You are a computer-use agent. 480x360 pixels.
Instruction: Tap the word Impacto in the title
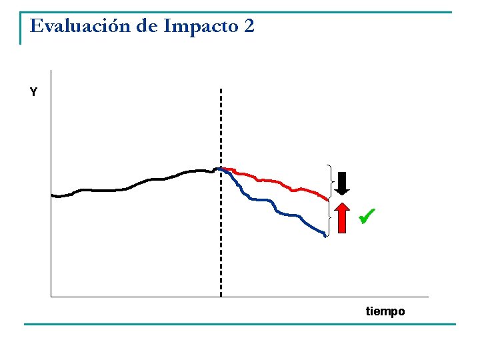coord(201,27)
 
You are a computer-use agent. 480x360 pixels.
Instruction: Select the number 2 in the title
coord(249,26)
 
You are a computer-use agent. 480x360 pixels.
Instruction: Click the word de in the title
coord(147,25)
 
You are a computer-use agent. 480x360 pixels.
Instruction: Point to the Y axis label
coord(34,91)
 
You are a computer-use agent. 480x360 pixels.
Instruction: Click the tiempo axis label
coord(385,311)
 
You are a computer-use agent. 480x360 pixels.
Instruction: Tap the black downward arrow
coord(342,183)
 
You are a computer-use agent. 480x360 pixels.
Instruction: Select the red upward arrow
coord(342,218)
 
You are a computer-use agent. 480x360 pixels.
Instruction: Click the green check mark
coord(367,216)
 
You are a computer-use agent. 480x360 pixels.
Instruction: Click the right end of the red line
coord(328,200)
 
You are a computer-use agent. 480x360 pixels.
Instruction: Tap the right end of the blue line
coord(325,236)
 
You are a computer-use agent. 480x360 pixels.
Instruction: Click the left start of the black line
coord(51,195)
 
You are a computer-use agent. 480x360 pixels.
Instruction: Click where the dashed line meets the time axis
coord(221,297)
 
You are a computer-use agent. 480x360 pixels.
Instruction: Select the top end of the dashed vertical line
coord(221,89)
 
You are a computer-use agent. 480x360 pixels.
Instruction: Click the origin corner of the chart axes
coord(51,297)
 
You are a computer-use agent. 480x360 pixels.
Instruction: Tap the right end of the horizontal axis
coord(428,297)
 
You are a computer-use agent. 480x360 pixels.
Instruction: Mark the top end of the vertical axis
coord(51,71)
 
